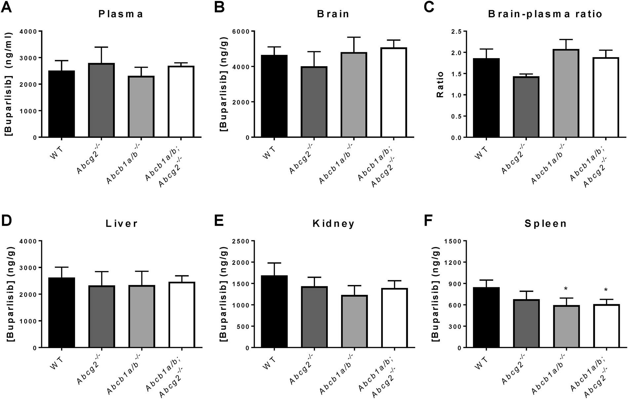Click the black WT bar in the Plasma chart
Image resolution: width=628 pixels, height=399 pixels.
(x=61, y=104)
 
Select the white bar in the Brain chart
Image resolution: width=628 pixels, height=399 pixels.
(x=393, y=93)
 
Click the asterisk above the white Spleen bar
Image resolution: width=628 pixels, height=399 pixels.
(x=606, y=290)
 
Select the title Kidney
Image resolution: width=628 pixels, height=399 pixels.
(x=334, y=224)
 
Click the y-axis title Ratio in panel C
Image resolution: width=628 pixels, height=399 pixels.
(x=440, y=90)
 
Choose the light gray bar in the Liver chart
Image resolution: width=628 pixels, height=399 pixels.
(x=142, y=316)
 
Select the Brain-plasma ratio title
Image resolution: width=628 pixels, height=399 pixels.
(x=545, y=14)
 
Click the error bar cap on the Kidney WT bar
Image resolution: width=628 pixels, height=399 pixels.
(x=274, y=263)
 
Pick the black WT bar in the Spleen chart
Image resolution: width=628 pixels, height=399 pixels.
(x=486, y=317)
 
